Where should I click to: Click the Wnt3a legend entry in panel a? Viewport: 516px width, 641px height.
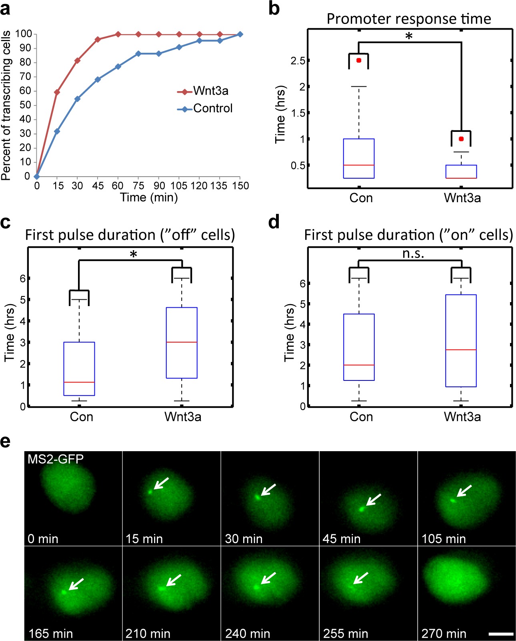(203, 91)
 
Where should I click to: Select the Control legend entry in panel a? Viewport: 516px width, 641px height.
(205, 108)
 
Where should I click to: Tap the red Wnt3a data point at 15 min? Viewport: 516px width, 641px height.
(57, 92)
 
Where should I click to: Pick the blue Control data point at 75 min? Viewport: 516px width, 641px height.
(138, 54)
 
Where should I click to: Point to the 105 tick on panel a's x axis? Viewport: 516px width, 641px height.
(179, 186)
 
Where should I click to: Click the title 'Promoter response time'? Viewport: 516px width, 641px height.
(409, 19)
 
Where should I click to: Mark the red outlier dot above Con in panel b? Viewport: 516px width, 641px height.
(359, 60)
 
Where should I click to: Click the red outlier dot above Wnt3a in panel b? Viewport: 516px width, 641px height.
(462, 139)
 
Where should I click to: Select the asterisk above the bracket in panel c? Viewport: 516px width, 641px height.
(133, 254)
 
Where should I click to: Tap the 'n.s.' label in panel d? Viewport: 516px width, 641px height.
(413, 253)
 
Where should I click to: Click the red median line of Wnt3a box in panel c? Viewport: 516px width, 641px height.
(182, 342)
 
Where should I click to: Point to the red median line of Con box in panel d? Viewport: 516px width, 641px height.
(359, 365)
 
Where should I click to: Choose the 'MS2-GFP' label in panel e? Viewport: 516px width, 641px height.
(56, 459)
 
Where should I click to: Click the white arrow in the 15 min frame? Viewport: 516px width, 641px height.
(161, 484)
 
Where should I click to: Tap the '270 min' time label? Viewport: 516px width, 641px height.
(444, 633)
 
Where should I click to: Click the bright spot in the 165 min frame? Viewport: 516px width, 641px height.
(64, 592)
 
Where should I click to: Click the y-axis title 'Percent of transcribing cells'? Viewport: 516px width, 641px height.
(6, 106)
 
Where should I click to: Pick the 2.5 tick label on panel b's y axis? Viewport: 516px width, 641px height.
(298, 61)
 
